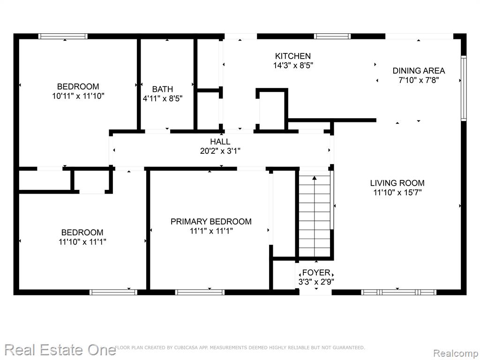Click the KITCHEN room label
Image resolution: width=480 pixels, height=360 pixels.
pyautogui.click(x=293, y=56)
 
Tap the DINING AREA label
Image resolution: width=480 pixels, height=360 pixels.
pyautogui.click(x=419, y=71)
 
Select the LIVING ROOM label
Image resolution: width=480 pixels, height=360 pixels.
pyautogui.click(x=397, y=183)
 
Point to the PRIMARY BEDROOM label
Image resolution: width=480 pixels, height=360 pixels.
pyautogui.click(x=211, y=221)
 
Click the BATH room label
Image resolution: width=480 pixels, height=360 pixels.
pyautogui.click(x=163, y=89)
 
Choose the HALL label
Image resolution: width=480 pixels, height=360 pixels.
pyautogui.click(x=220, y=142)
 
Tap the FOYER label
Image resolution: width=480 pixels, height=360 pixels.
pyautogui.click(x=316, y=272)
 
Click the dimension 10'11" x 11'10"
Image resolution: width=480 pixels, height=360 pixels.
pyautogui.click(x=78, y=96)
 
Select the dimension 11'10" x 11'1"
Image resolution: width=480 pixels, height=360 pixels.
pyautogui.click(x=82, y=242)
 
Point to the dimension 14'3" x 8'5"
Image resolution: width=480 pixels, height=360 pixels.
pyautogui.click(x=293, y=66)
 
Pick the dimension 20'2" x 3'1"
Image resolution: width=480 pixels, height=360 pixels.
pyautogui.click(x=220, y=151)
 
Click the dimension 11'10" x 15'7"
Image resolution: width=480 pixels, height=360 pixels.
pyautogui.click(x=397, y=193)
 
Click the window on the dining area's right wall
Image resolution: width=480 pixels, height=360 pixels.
pyautogui.click(x=464, y=88)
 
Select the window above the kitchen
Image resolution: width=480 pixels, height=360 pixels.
pyautogui.click(x=332, y=36)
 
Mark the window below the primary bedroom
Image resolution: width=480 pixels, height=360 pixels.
pyautogui.click(x=200, y=292)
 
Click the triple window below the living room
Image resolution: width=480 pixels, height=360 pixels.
pyautogui.click(x=398, y=292)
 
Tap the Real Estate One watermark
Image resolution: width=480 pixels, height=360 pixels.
pyautogui.click(x=60, y=350)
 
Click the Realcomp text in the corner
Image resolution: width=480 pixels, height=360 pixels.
pyautogui.click(x=456, y=353)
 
